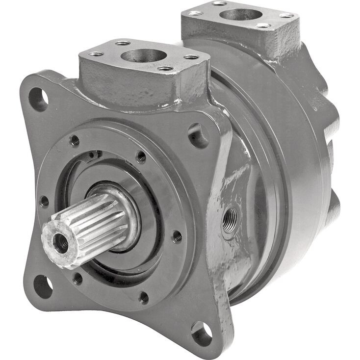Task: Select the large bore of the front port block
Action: click(x=143, y=55)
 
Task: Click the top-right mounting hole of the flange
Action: click(x=198, y=135)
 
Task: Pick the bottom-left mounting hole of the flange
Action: click(x=43, y=285)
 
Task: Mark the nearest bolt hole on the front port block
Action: click(x=165, y=68)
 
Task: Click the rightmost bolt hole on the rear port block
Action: click(x=286, y=15)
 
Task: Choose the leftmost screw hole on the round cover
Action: click(x=44, y=201)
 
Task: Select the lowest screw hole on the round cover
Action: click(x=143, y=297)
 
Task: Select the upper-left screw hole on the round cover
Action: click(x=75, y=141)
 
